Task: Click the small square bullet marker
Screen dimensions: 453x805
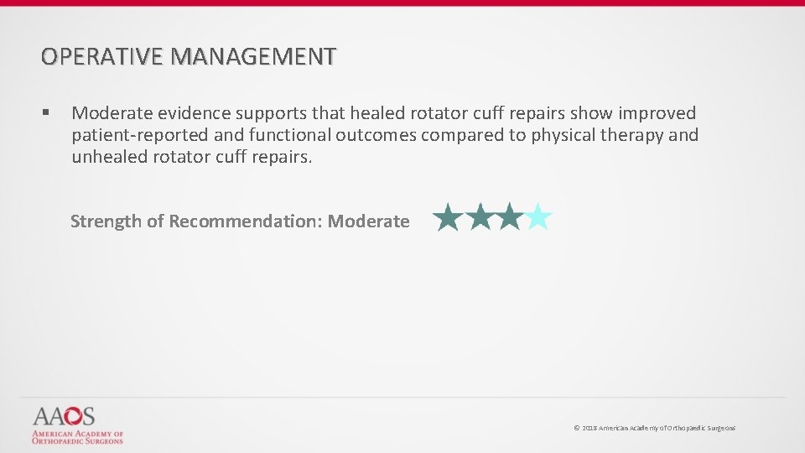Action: tap(46, 112)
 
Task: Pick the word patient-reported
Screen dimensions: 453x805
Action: tap(138, 135)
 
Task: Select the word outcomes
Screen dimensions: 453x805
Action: tap(377, 135)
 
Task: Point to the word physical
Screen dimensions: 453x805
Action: tap(564, 135)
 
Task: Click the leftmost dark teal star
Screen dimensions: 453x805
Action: tap(449, 218)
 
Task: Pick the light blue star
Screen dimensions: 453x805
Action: tap(538, 218)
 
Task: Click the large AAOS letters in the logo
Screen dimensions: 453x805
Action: tap(64, 416)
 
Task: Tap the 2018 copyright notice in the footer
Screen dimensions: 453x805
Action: tap(654, 428)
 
